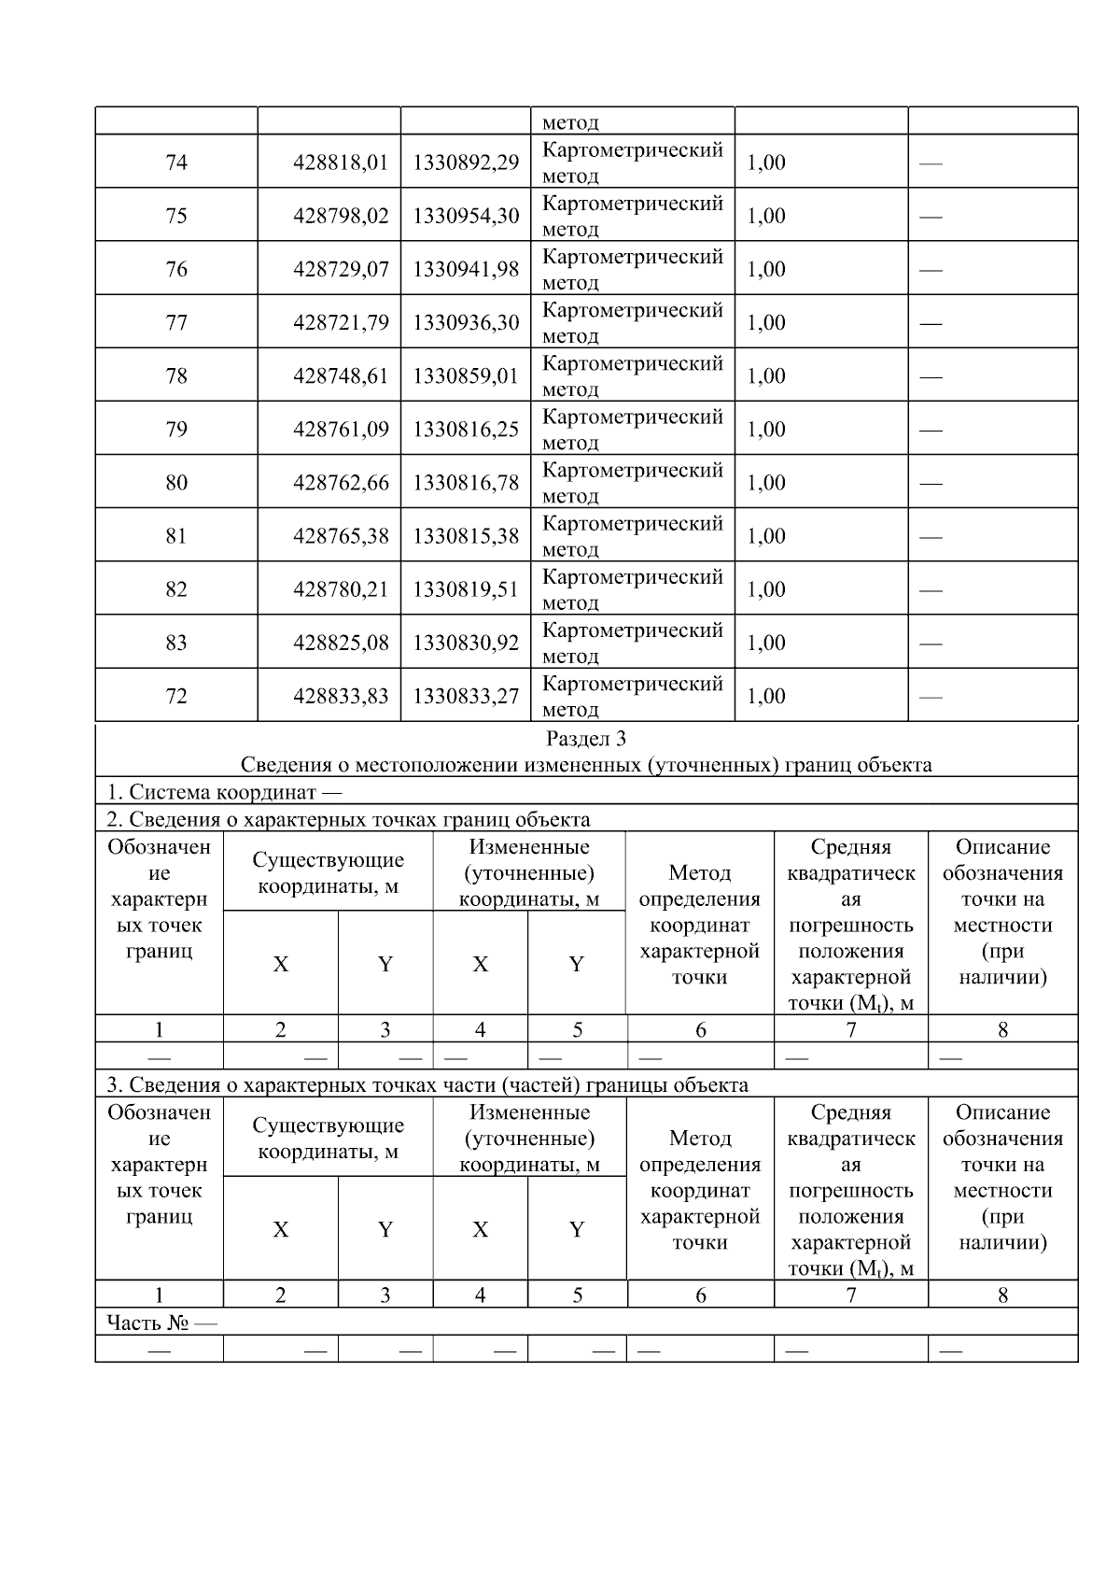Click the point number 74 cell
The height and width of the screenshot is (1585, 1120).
(176, 163)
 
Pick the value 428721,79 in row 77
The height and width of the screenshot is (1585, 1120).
(341, 323)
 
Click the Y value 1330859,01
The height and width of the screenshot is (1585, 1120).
(466, 376)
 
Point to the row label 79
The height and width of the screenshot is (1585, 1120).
(176, 430)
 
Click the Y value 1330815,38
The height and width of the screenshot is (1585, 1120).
(466, 536)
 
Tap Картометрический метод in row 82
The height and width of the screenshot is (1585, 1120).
(633, 589)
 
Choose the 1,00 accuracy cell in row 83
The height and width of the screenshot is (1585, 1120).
(766, 643)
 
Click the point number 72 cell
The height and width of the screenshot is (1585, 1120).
(176, 696)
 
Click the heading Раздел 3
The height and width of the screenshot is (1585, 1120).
(586, 739)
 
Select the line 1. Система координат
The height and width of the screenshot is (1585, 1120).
(224, 792)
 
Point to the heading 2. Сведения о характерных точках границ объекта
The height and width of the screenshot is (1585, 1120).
(348, 819)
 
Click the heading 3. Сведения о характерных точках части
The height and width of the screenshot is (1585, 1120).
(427, 1084)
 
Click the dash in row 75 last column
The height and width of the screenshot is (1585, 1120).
(931, 217)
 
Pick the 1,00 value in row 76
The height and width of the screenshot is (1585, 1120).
(766, 270)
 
